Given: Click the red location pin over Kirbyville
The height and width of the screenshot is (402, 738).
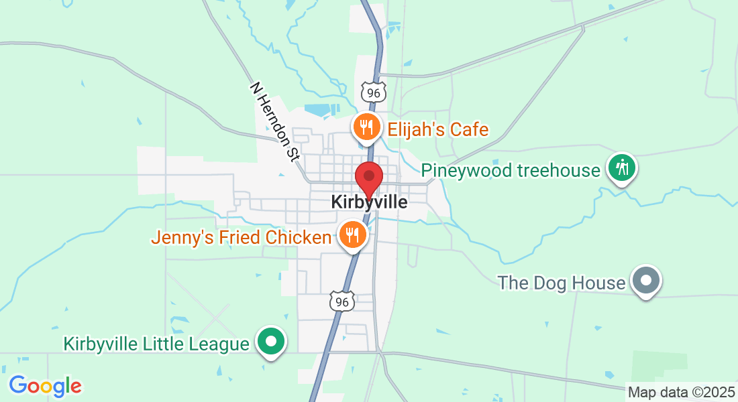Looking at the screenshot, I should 368,177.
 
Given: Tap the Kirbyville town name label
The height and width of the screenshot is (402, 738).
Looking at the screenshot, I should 369,202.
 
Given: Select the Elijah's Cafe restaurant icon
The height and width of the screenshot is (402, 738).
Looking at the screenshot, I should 366,126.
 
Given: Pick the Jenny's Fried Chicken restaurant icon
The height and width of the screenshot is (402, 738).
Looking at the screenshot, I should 351,234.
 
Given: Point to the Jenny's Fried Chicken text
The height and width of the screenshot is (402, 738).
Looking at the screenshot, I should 242,237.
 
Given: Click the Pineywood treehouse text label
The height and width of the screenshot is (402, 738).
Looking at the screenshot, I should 511,171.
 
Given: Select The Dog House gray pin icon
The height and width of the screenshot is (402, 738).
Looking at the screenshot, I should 646,280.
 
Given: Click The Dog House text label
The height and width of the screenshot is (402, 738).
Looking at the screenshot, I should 562,283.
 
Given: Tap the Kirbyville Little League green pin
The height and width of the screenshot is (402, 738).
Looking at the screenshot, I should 272,342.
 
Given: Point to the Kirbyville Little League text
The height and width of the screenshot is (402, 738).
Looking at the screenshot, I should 156,344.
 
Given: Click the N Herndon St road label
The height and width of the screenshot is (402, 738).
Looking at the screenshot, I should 274,121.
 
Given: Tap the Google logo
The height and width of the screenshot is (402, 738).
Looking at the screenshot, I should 45,386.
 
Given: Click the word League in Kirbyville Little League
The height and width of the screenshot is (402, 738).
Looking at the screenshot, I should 217,344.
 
